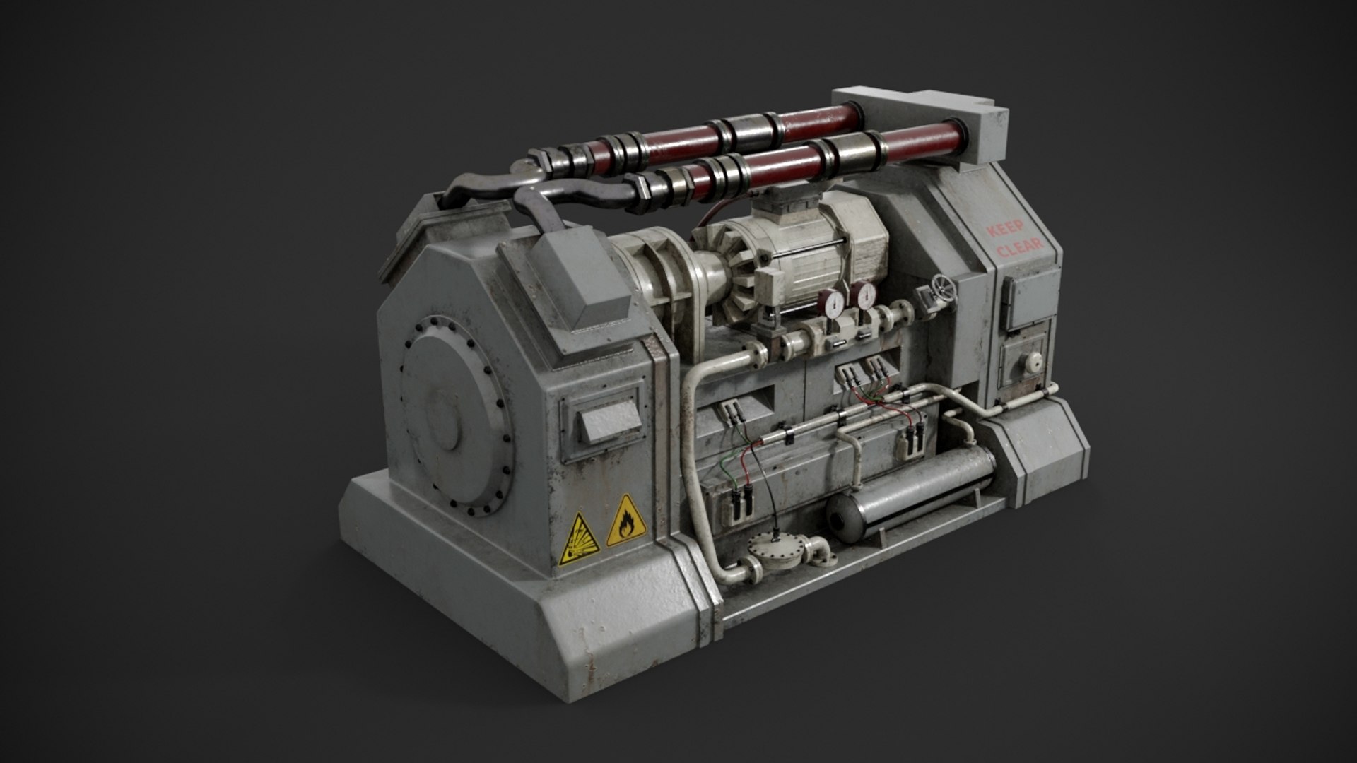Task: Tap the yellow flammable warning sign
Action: [623, 521]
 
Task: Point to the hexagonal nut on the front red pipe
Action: [648, 192]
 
